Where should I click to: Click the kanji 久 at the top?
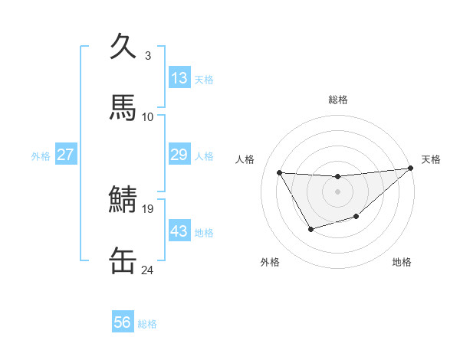coord(123,47)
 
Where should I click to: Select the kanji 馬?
coord(123,106)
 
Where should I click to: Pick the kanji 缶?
coord(123,260)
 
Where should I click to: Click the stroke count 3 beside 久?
coord(148,56)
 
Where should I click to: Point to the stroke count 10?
coord(148,116)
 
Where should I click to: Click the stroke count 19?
coord(148,208)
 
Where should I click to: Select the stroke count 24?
coord(148,270)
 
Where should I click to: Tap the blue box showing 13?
coord(179,78)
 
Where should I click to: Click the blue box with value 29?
coord(179,155)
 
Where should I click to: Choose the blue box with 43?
coord(179,231)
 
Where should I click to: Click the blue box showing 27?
coord(65,155)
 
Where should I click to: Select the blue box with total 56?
coord(123,322)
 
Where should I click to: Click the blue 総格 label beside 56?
coord(147,324)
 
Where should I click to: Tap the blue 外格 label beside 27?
coord(41,156)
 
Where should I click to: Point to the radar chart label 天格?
coord(431,159)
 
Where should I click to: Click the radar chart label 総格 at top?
coord(337,100)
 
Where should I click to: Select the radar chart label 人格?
coord(245,159)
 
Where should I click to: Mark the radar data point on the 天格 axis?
coord(411,169)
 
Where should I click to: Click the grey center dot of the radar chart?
coord(337,191)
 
